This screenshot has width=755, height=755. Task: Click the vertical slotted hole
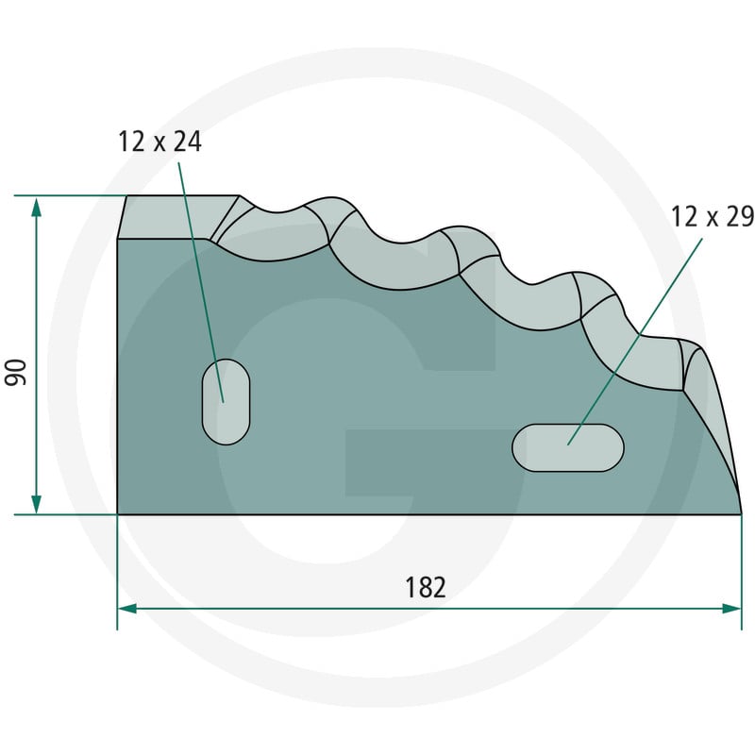[226, 402]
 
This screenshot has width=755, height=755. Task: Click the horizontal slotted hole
[568, 447]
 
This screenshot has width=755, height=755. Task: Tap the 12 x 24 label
[159, 142]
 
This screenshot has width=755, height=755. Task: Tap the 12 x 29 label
[713, 216]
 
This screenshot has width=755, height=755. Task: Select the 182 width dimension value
[426, 587]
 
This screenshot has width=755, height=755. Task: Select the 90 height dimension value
[15, 372]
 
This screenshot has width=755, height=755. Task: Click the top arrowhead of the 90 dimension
[36, 208]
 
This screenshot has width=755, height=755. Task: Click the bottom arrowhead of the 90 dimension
[36, 503]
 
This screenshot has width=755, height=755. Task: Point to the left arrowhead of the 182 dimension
[128, 609]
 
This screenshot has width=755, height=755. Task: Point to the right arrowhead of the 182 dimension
[730, 609]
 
